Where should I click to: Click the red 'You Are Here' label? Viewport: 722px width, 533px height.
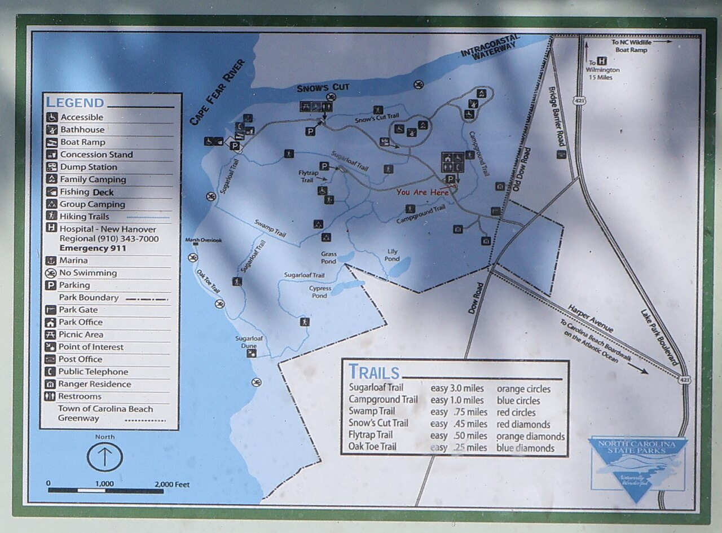pyautogui.click(x=422, y=192)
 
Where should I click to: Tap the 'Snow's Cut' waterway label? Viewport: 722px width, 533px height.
pyautogui.click(x=323, y=87)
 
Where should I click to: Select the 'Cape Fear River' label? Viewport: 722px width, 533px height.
pyautogui.click(x=217, y=92)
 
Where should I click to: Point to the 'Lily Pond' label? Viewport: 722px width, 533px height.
pyautogui.click(x=392, y=256)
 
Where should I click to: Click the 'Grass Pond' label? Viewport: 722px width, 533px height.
pyautogui.click(x=329, y=258)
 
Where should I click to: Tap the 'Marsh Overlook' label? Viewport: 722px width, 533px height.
pyautogui.click(x=204, y=240)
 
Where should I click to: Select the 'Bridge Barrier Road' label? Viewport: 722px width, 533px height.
pyautogui.click(x=557, y=116)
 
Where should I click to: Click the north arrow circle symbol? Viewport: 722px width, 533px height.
pyautogui.click(x=105, y=457)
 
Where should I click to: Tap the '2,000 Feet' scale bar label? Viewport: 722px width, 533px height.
pyautogui.click(x=172, y=484)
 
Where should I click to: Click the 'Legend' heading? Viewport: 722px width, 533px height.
pyautogui.click(x=75, y=103)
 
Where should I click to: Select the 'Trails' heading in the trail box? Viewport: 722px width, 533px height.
pyautogui.click(x=374, y=372)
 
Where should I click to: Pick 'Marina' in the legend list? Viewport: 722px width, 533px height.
pyautogui.click(x=73, y=261)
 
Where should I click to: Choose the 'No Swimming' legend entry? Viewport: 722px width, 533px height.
pyautogui.click(x=88, y=273)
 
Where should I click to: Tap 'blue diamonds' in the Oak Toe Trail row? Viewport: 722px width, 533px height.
pyautogui.click(x=525, y=448)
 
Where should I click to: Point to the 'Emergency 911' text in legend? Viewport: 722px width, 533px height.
pyautogui.click(x=93, y=248)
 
